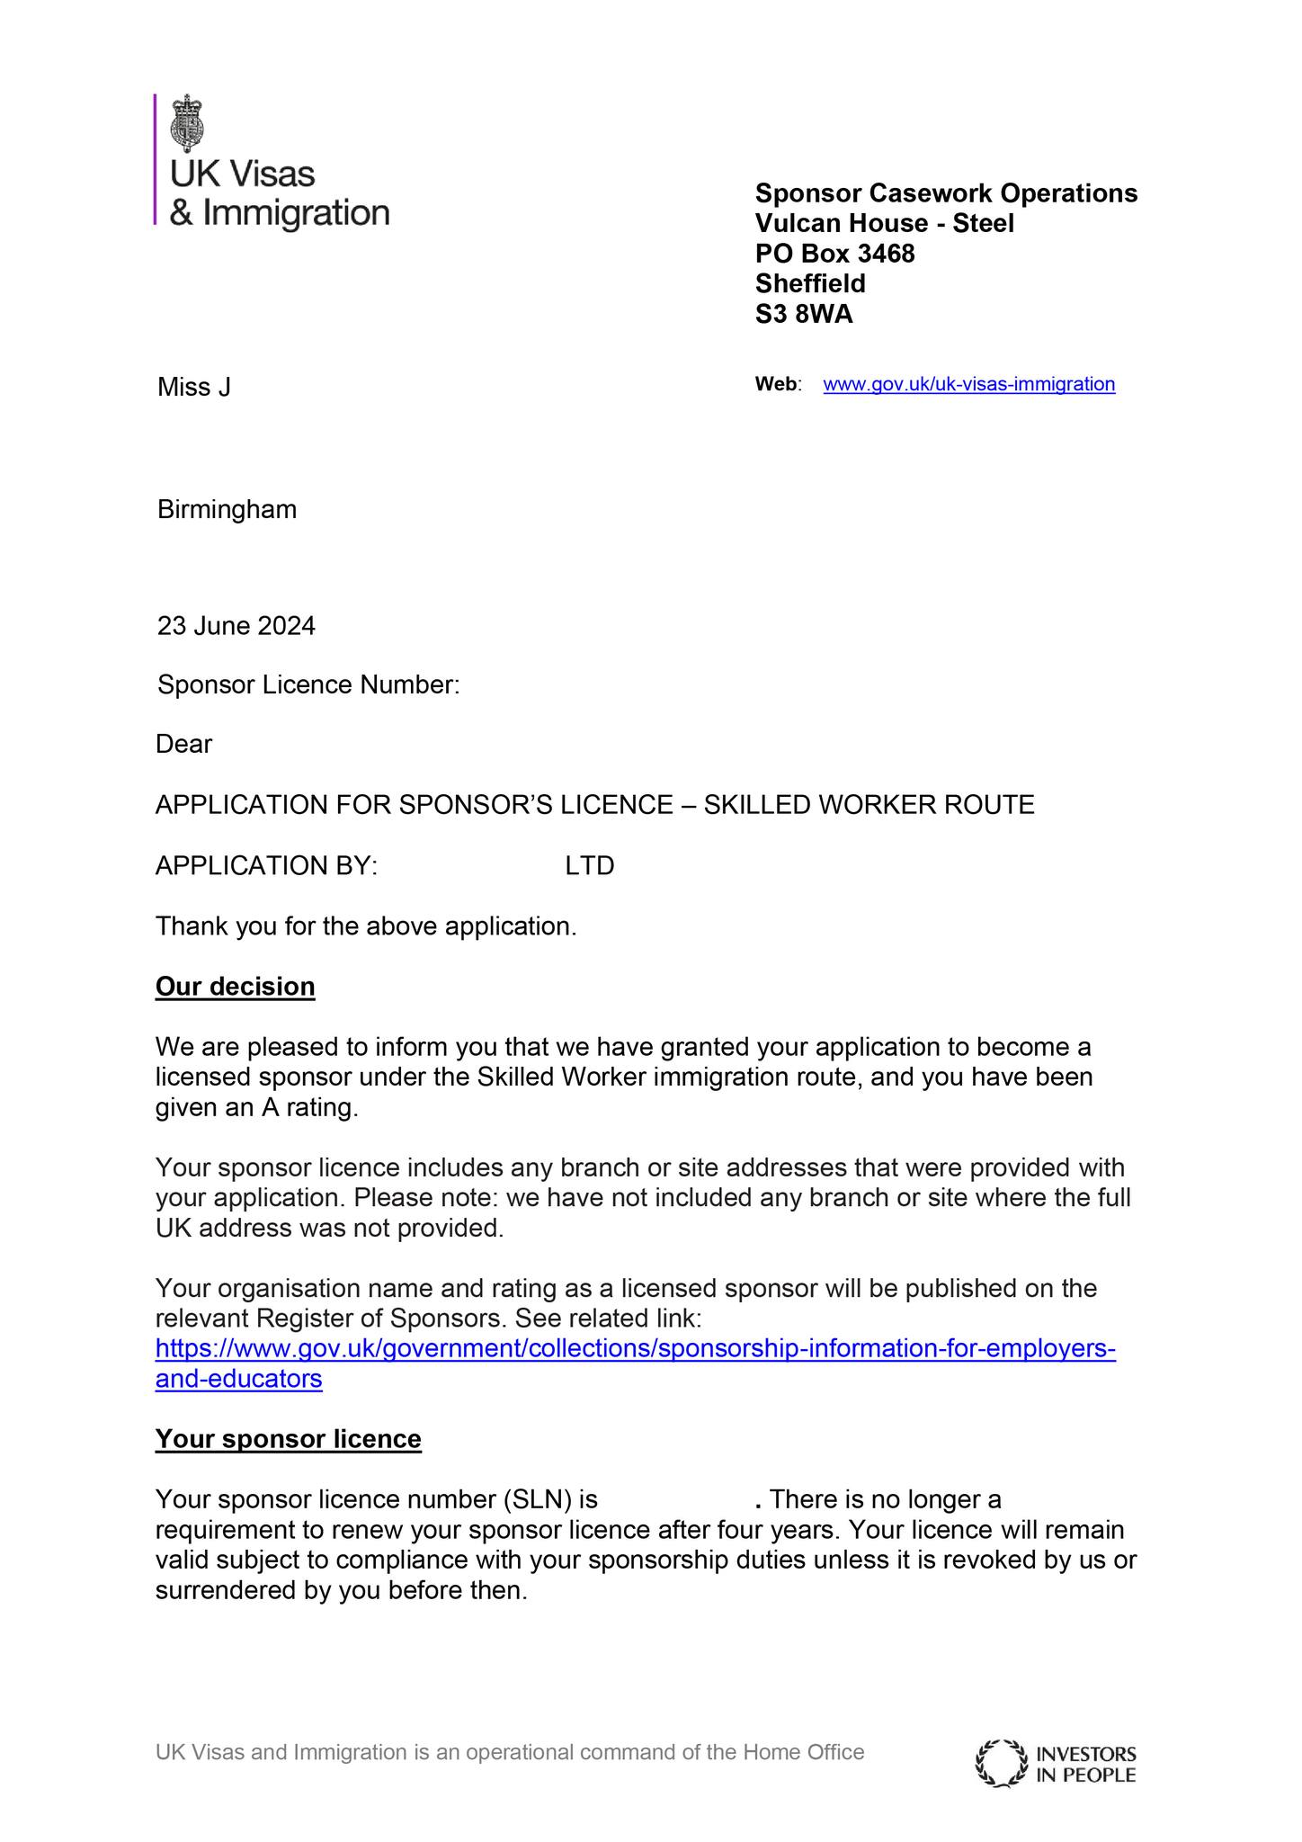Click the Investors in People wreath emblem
point(1002,1764)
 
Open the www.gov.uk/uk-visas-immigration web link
point(968,384)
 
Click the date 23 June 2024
point(236,625)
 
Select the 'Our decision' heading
point(236,987)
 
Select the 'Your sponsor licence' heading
point(288,1438)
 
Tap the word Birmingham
point(227,510)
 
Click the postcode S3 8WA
point(804,314)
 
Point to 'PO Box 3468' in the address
point(834,254)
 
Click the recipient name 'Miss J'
point(194,388)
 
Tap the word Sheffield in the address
point(810,283)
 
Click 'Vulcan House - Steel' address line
point(884,223)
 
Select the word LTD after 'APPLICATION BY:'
point(590,865)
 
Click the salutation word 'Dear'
point(184,745)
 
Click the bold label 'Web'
point(775,384)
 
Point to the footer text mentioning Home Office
point(509,1751)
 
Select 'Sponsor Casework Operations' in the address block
point(946,193)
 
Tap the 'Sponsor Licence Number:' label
point(308,685)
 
